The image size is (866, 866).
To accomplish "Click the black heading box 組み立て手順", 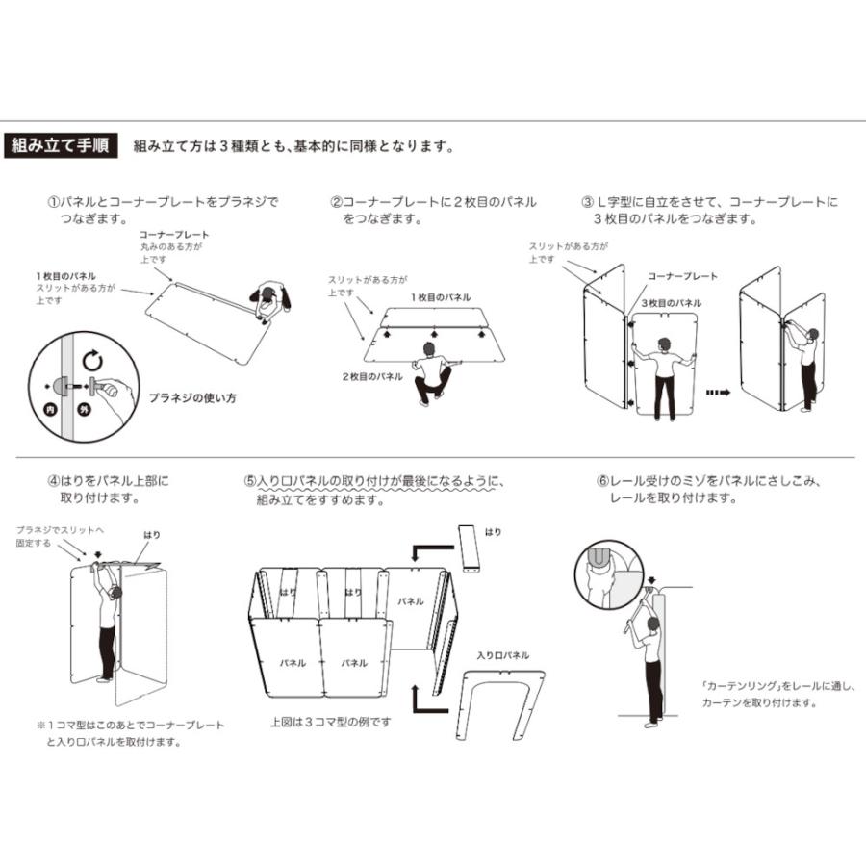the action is (61, 146).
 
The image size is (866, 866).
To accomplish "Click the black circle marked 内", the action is (51, 409).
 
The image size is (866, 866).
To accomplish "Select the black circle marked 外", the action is (85, 409).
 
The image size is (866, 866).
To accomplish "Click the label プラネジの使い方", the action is (192, 397).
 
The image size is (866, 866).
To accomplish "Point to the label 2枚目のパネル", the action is (372, 376).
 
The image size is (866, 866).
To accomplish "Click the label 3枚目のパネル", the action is (672, 303).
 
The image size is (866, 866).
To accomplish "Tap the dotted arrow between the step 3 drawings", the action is (718, 393).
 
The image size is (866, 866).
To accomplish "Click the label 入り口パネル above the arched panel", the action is (503, 655).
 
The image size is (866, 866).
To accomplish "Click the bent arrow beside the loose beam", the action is (432, 552).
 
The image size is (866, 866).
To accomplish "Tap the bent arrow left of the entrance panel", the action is (430, 700).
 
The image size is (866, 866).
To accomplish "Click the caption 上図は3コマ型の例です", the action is (330, 722).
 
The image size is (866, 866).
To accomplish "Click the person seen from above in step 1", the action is (270, 301).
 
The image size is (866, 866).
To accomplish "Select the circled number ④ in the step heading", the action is (53, 481).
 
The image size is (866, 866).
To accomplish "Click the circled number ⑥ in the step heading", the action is (602, 481).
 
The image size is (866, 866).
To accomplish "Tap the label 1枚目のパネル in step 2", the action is (441, 297).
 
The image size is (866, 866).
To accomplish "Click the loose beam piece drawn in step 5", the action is (469, 548).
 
